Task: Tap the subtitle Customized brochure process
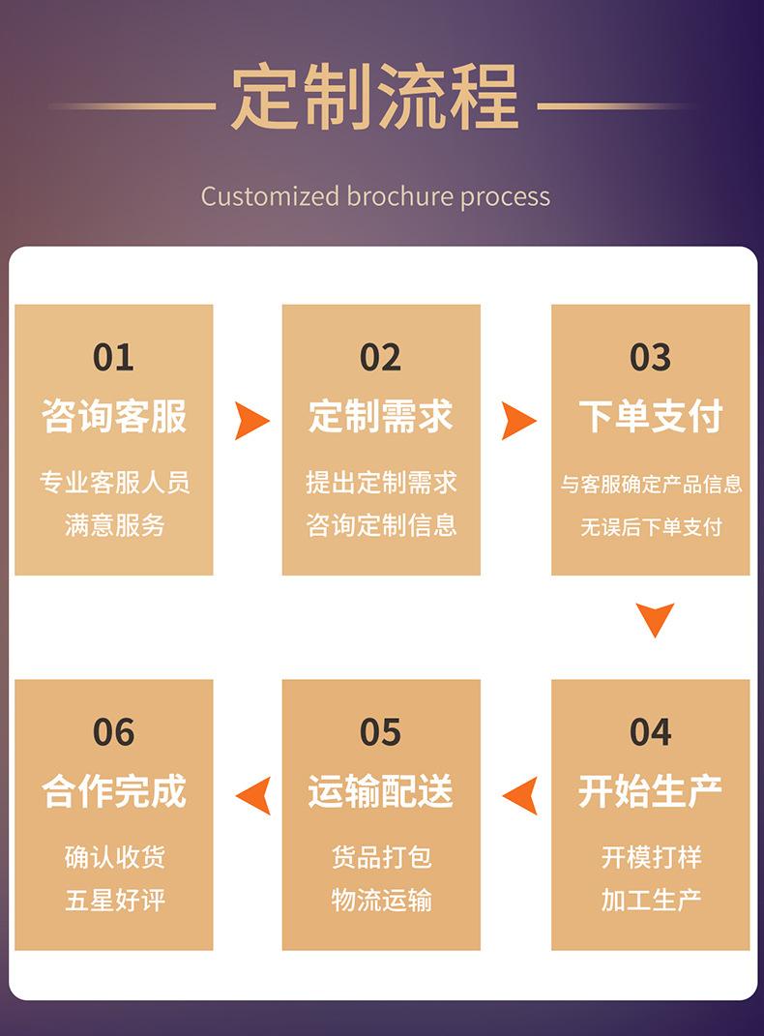[375, 196]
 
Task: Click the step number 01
[113, 358]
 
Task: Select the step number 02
[380, 358]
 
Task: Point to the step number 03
[650, 358]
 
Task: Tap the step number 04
[650, 732]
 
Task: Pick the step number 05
[380, 732]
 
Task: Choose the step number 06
[113, 732]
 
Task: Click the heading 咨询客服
[113, 417]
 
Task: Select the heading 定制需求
[380, 417]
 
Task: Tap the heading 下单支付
[650, 417]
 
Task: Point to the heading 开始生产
[650, 791]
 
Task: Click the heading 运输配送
[380, 791]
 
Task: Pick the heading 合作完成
[113, 791]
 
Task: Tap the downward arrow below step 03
[655, 619]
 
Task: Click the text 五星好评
[115, 900]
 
